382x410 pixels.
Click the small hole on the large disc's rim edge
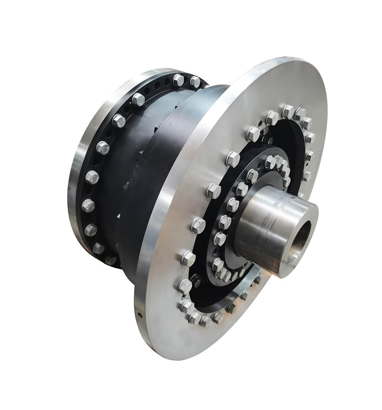click(x=140, y=315)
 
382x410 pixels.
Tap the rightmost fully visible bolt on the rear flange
click(x=195, y=81)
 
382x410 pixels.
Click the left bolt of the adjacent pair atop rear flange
click(x=178, y=80)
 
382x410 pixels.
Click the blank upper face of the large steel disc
click(x=267, y=88)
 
